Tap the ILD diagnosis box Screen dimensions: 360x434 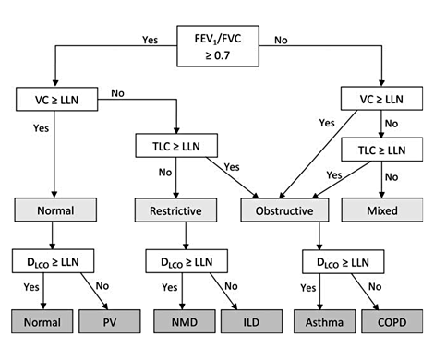[x=252, y=322]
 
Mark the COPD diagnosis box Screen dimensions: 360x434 [x=391, y=322]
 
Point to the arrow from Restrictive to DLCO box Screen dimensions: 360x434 [x=187, y=236]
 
